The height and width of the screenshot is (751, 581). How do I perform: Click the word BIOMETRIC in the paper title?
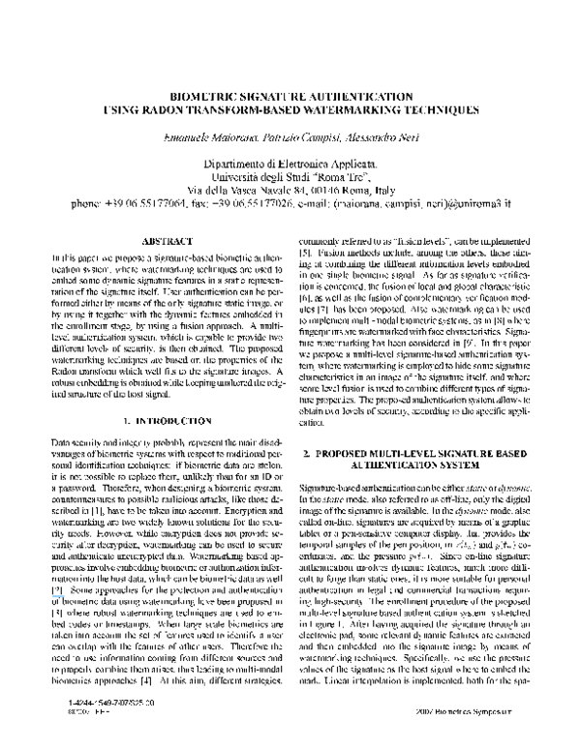(203, 98)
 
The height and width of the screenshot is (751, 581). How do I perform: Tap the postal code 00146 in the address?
(316, 192)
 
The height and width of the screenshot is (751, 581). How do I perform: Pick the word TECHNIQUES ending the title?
(426, 111)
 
